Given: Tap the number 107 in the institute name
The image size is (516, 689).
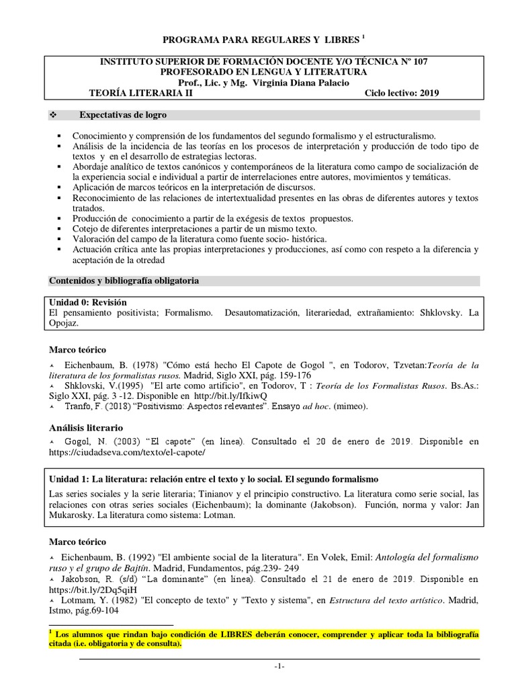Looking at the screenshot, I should (415, 61).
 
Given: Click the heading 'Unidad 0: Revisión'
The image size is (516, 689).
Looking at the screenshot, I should (89, 302).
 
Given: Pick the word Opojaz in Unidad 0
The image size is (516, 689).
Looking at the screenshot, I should (64, 324).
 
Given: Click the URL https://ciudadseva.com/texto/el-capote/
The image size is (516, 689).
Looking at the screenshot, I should (127, 452).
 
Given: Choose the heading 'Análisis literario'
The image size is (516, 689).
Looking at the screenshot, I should (86, 427).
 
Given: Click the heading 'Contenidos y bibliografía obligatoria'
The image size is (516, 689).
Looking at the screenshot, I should (124, 280).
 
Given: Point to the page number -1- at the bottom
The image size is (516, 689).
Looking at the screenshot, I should (279, 666).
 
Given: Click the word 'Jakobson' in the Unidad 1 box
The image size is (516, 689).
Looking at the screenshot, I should (329, 504).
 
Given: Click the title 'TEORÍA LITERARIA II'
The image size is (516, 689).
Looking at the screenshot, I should (140, 94).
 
